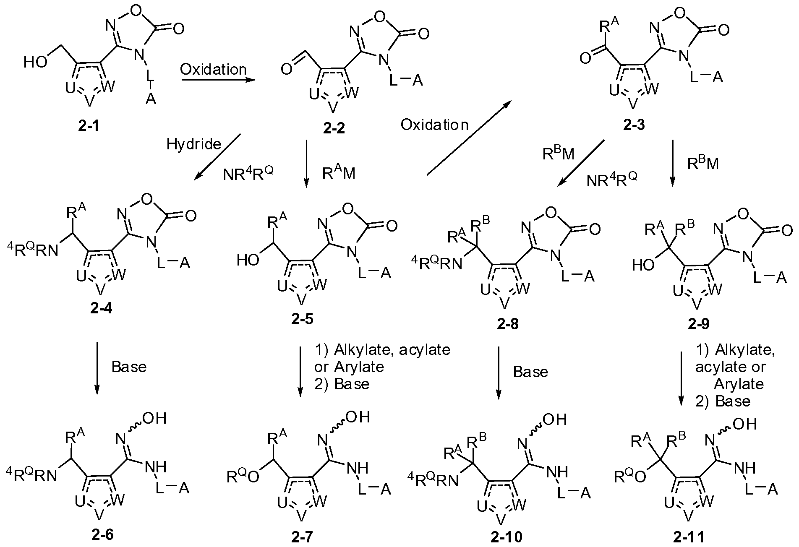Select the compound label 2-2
334,127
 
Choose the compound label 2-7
301,537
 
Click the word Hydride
193,144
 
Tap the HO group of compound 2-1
36,63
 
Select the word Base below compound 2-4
129,367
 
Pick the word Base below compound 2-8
530,372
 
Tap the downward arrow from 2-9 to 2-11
680,378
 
